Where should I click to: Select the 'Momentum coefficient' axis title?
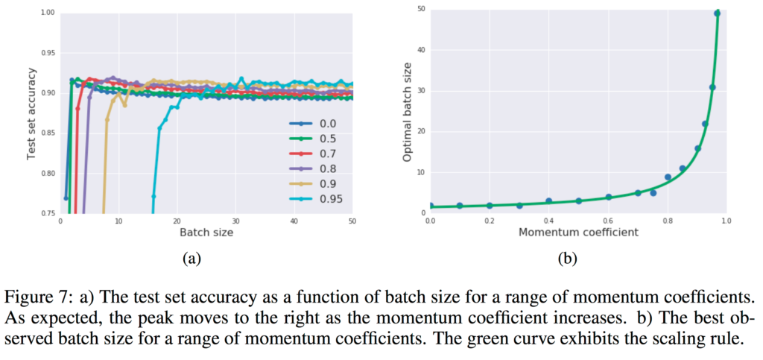(x=577, y=233)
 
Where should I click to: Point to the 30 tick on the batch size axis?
(x=236, y=221)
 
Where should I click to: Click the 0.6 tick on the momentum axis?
(x=607, y=221)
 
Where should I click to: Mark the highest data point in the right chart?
(x=718, y=13)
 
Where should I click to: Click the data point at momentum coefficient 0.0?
(x=430, y=206)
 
